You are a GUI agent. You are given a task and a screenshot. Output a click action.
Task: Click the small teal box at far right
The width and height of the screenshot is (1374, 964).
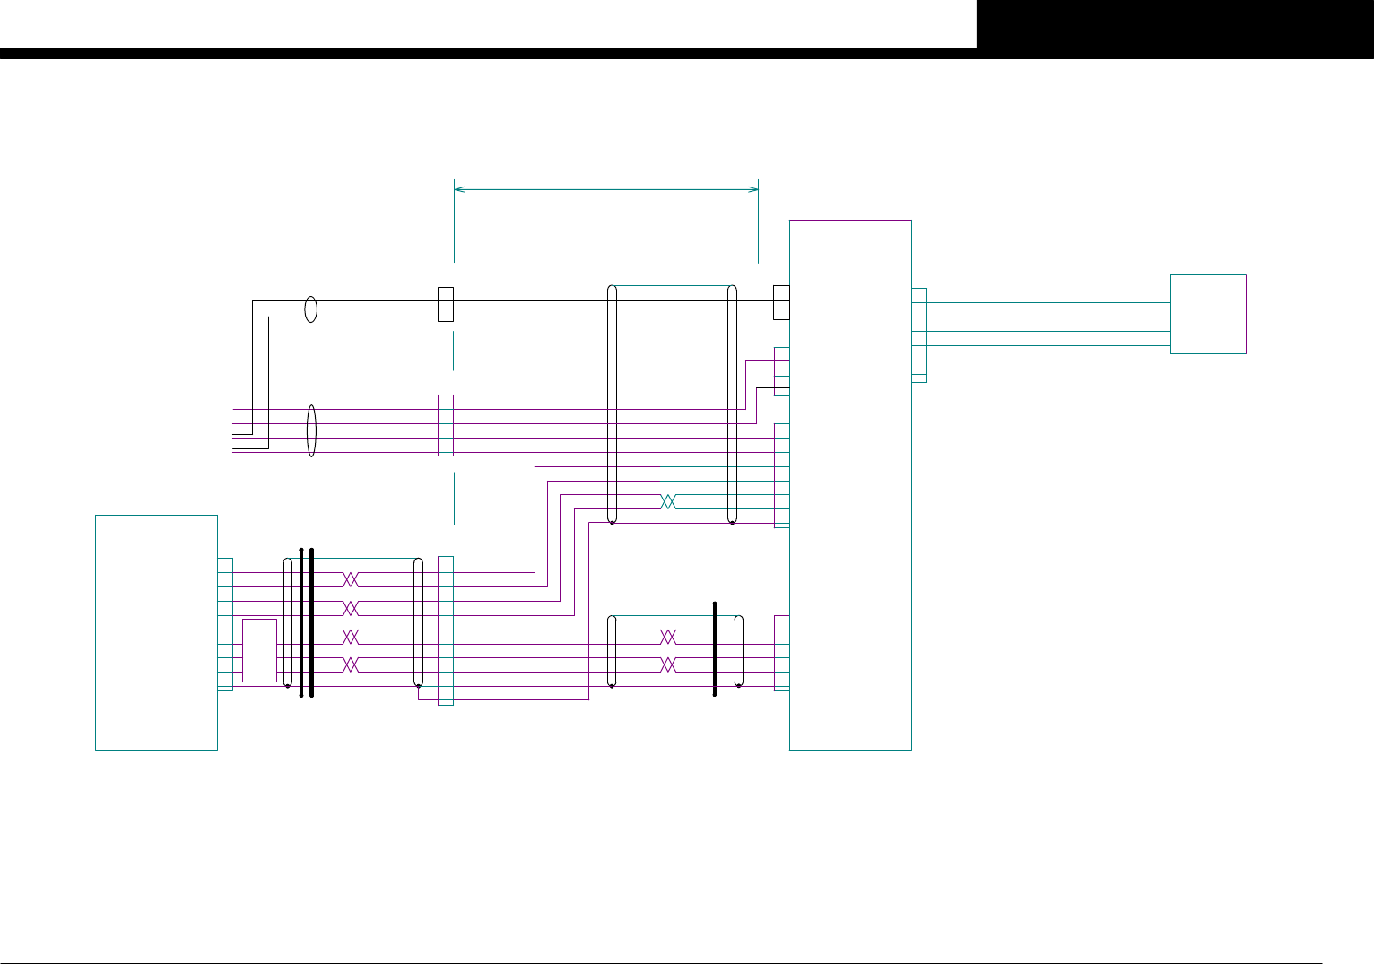coord(1208,314)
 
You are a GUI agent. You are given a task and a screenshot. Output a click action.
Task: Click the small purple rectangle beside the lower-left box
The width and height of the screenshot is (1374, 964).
coord(259,650)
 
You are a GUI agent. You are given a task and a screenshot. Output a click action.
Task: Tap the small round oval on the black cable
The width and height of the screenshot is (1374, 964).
coord(310,309)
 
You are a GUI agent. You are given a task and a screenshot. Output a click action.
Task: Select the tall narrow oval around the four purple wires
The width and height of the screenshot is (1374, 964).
coord(311,430)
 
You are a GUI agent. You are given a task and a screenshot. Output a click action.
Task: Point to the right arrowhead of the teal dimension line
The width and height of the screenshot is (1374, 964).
coord(754,189)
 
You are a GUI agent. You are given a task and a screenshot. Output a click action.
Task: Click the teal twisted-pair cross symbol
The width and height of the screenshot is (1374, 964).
coord(667,502)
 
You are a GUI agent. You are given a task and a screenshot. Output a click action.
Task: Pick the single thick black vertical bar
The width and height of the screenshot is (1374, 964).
coord(715,648)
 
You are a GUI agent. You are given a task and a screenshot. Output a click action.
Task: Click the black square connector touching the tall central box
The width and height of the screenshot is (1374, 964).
coord(781,302)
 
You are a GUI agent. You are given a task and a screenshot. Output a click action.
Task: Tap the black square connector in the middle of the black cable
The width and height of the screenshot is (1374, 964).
coord(445,304)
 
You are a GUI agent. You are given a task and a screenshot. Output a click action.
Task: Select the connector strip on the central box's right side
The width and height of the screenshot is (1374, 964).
coord(919,335)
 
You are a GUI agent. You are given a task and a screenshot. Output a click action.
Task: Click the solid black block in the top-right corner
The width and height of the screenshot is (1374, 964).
coord(1175,24)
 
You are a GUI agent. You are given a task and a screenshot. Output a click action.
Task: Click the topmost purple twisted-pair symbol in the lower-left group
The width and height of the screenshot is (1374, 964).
coord(352,579)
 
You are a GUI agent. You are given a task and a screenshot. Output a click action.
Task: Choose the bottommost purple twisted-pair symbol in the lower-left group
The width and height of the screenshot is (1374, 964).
coord(352,665)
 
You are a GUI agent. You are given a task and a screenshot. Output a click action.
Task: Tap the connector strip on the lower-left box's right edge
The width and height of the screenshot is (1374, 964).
coord(225,624)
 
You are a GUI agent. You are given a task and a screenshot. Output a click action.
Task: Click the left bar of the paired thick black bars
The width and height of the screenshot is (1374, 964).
coord(301,621)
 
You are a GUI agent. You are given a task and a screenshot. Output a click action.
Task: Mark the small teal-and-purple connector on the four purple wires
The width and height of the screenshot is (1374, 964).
coord(445,425)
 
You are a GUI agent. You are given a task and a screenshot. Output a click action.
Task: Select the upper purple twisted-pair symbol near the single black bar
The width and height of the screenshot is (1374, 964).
coord(668,637)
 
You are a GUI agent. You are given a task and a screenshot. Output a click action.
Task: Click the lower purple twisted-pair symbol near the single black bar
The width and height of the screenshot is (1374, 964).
coord(668,665)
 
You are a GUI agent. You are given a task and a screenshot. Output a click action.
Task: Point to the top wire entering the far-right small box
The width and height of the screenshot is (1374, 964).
coord(1049,303)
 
